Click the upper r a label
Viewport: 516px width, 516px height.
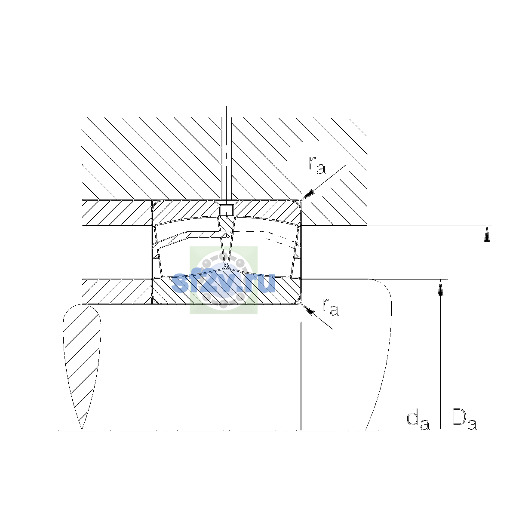(x=317, y=165)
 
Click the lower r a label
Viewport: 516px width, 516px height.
(x=331, y=307)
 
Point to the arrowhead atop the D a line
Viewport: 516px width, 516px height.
(x=486, y=233)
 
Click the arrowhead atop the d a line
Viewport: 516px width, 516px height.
(x=440, y=287)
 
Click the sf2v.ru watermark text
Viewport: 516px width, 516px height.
(x=223, y=283)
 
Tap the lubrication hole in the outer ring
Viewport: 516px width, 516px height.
(x=226, y=210)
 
